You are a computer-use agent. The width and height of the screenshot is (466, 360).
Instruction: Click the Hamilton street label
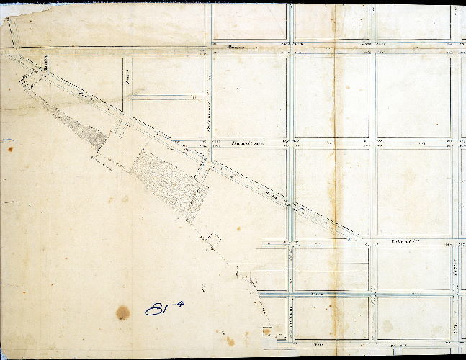(246, 143)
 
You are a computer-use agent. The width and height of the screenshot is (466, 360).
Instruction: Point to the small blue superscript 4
(179, 304)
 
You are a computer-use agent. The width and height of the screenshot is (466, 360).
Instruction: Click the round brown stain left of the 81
(123, 312)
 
